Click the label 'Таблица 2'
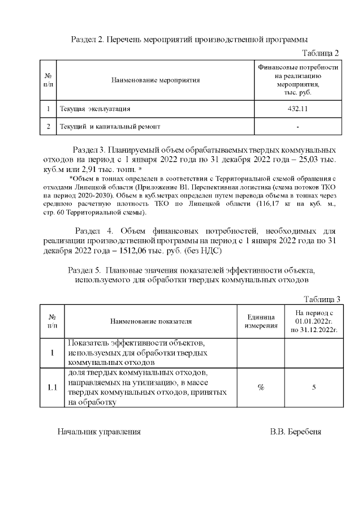pos(320,53)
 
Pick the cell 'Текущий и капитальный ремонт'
pos(110,127)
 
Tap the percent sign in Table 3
pos(261,388)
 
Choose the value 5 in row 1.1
pos(313,388)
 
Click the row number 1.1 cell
pos(52,388)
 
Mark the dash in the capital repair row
pos(298,127)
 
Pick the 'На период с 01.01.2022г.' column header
pos(313,321)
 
